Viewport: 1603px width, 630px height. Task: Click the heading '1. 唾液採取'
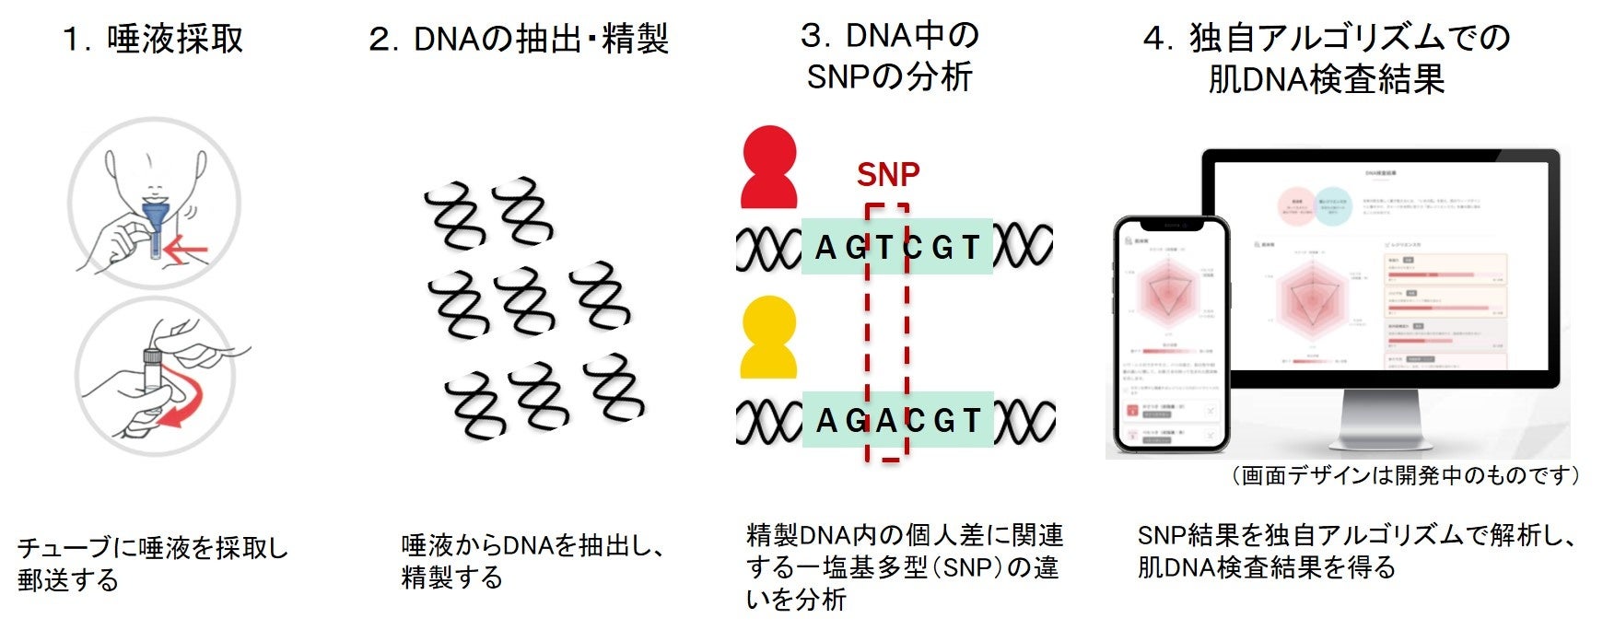click(x=153, y=39)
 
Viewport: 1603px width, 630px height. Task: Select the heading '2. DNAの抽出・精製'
click(x=518, y=40)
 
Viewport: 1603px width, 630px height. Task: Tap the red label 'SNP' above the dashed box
click(x=887, y=174)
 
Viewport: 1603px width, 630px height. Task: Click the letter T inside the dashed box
click(x=884, y=247)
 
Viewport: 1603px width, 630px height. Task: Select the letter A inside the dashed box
click(x=886, y=420)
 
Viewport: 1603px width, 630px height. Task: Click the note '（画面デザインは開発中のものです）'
click(x=1405, y=475)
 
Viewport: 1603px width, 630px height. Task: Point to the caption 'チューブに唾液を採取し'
click(x=153, y=548)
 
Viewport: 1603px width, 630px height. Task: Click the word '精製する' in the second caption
click(x=452, y=577)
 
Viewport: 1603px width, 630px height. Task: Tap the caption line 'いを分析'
click(x=796, y=600)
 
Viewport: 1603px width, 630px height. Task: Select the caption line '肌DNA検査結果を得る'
click(x=1267, y=567)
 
